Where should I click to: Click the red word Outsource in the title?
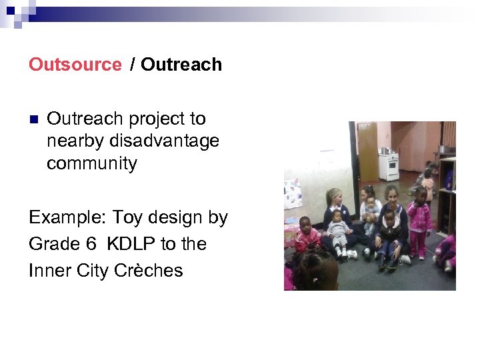click(75, 65)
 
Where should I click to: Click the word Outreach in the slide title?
click(181, 65)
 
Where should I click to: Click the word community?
click(91, 163)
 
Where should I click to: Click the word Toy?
click(127, 218)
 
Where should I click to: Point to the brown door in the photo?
click(367, 150)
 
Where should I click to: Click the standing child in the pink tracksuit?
click(419, 220)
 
